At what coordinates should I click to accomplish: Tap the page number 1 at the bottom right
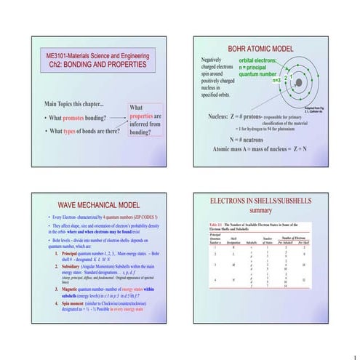coord(354,356)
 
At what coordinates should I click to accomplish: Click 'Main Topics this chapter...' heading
coord(79,103)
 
